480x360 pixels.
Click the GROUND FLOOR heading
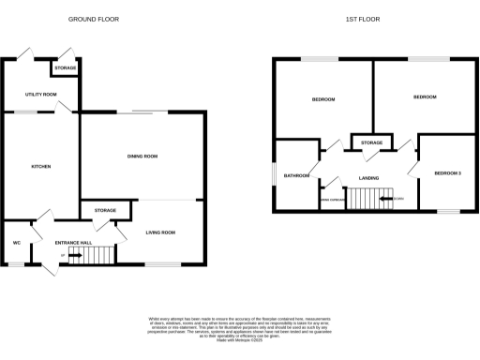point(95,19)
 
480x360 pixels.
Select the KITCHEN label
point(40,167)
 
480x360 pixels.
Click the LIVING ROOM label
point(160,232)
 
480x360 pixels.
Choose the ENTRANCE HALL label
point(73,243)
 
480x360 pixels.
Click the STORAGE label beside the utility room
point(65,68)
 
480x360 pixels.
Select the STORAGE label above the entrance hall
point(104,211)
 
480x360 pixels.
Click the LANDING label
point(367,177)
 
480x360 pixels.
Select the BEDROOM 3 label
point(447,173)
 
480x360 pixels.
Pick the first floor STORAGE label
point(372,142)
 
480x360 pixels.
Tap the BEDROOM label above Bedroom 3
point(425,97)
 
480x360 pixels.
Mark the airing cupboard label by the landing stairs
point(332,200)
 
